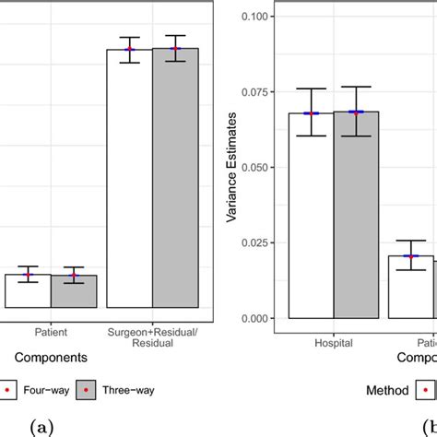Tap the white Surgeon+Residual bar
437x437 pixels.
click(129, 184)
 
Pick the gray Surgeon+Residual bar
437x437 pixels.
click(175, 184)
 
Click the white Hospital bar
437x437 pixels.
click(310, 221)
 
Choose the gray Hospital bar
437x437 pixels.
click(356, 221)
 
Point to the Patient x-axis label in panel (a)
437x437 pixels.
click(51, 328)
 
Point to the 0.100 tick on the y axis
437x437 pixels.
click(257, 16)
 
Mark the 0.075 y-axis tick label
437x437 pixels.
click(257, 91)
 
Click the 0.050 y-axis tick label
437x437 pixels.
click(257, 167)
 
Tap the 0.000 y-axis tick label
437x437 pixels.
click(257, 318)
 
